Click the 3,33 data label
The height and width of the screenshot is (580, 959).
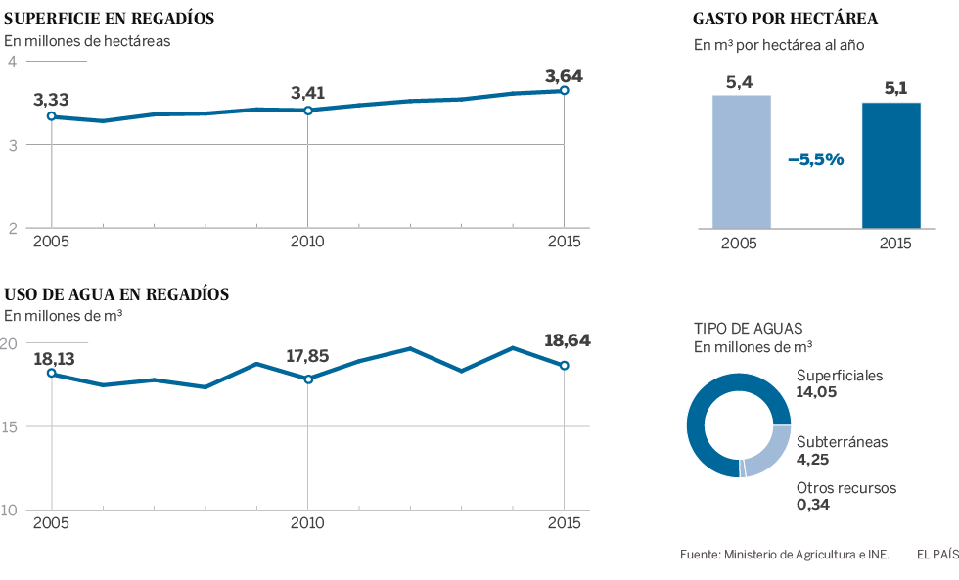[51, 100]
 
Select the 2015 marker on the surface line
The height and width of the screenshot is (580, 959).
[565, 91]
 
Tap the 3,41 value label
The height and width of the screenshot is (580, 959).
[307, 94]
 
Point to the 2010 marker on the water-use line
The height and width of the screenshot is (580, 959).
[308, 379]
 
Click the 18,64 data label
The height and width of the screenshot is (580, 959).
[567, 340]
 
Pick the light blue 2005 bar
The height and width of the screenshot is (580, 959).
[741, 161]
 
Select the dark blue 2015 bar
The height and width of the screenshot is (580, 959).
[890, 165]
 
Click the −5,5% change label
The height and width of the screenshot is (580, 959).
[815, 159]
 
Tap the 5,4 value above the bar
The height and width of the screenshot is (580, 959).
[739, 82]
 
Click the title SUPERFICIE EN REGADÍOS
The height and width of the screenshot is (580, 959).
[110, 19]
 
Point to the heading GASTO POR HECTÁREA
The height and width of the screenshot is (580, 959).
[785, 19]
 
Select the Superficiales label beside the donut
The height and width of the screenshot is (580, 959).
[840, 376]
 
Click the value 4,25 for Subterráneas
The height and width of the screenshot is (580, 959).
[814, 458]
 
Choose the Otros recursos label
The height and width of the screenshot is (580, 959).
[845, 488]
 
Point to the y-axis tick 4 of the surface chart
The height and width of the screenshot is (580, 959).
[12, 62]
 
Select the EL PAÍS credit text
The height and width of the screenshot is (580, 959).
[936, 555]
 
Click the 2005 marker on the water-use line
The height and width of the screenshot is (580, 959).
[51, 373]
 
